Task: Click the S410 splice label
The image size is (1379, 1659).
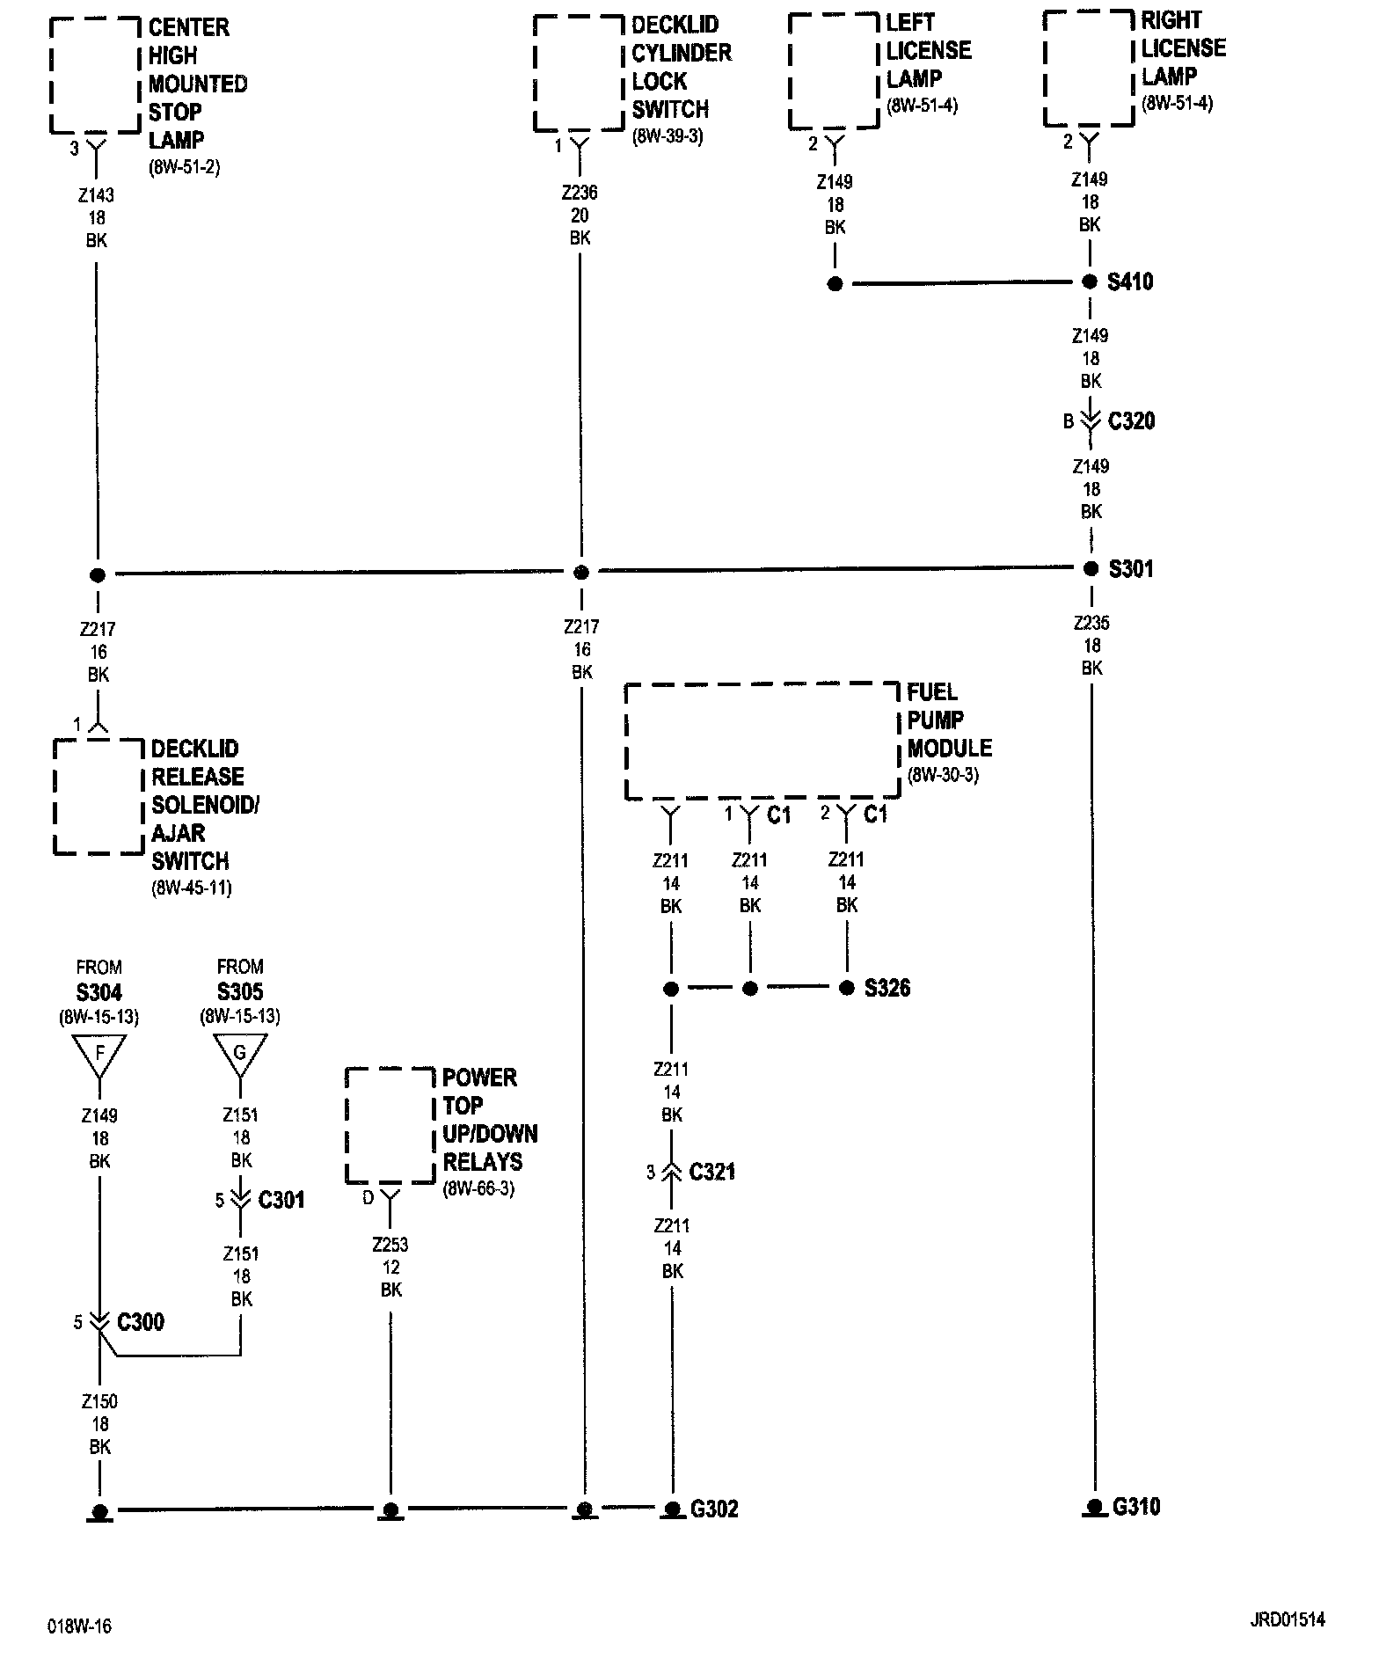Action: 1130,282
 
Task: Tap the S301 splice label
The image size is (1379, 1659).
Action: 1131,569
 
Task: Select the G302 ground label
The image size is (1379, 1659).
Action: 714,1509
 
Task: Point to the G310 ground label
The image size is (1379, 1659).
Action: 1136,1507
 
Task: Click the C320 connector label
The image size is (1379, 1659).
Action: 1131,421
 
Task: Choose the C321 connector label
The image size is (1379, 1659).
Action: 712,1172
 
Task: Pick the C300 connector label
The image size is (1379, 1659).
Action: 141,1322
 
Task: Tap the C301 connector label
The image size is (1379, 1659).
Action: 281,1200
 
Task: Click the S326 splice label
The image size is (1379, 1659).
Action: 887,988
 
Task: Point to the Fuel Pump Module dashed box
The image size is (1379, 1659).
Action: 762,742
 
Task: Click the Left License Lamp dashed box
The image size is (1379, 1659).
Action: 834,71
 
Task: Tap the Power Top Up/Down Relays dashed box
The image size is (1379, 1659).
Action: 390,1125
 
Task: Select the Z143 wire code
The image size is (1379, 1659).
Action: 97,195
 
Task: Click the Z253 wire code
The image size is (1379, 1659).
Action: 390,1245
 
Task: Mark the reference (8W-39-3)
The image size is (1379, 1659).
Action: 668,137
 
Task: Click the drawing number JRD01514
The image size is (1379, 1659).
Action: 1287,1620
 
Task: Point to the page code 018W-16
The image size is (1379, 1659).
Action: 80,1626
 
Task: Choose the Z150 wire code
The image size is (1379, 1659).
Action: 99,1401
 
